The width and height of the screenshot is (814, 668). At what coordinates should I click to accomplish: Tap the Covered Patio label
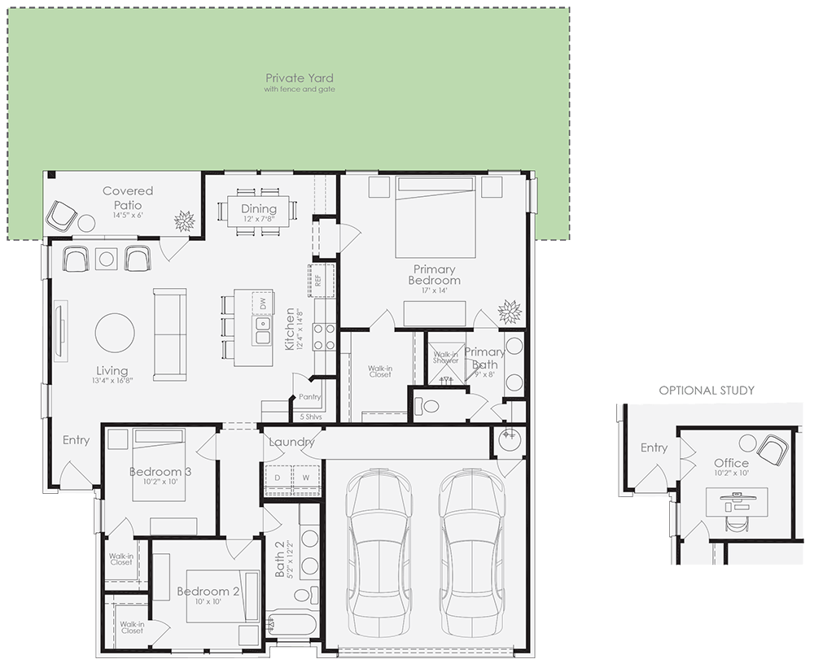pos(128,198)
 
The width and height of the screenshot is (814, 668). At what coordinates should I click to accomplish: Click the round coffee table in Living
pos(116,333)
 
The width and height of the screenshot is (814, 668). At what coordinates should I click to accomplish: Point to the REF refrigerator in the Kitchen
pos(317,279)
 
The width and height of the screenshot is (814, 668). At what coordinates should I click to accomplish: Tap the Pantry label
pos(310,397)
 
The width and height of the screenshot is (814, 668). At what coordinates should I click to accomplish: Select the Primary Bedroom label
pos(435,275)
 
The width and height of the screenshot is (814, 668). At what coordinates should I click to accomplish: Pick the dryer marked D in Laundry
pos(277,478)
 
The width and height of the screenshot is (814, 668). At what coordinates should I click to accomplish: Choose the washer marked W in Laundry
pos(306,478)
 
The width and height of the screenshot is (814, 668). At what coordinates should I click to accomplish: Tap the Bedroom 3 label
pos(160,472)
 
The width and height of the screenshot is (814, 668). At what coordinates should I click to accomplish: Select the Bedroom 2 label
pos(208,592)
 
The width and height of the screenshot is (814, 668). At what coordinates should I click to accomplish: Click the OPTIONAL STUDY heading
pos(707,391)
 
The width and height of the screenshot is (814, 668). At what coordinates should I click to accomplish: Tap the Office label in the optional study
pos(731,463)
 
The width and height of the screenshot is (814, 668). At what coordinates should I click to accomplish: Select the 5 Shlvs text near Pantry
pos(310,417)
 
